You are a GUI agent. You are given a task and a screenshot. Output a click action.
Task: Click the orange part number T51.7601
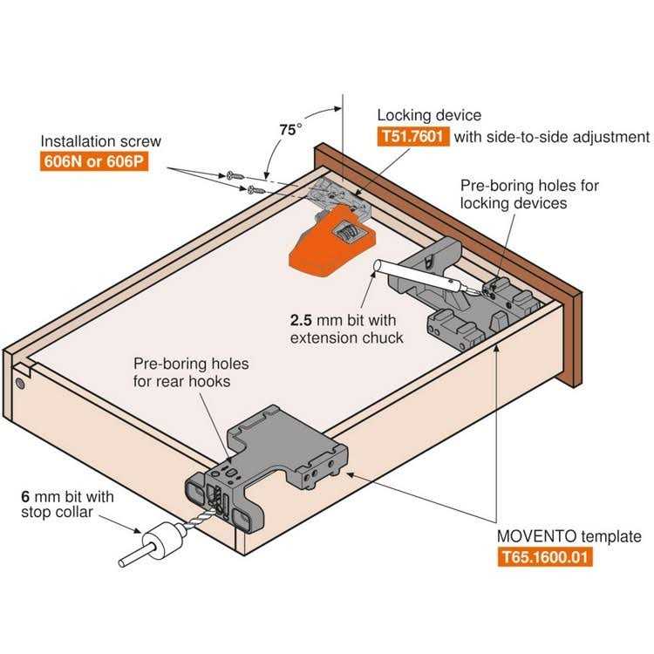pos(413,137)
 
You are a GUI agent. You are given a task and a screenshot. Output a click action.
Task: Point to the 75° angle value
pos(290,129)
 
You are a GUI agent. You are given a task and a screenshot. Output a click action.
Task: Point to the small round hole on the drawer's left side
pos(19,382)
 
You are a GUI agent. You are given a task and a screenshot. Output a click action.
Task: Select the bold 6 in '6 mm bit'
pos(26,496)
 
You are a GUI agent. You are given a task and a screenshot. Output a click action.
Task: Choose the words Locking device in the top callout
pos(429,115)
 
